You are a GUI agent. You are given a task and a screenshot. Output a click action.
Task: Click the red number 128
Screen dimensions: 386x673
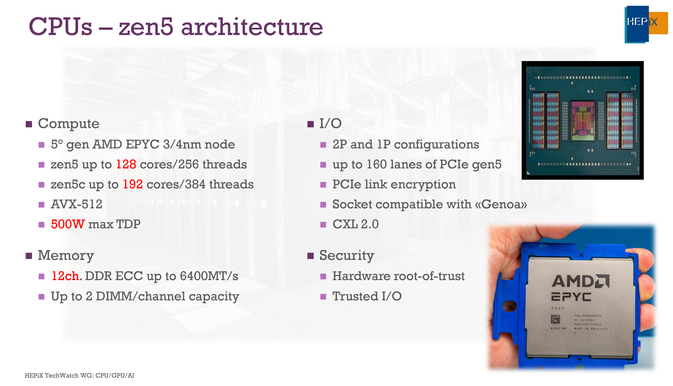[126, 164]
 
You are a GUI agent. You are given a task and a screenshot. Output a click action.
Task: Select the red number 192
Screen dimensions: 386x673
[133, 184]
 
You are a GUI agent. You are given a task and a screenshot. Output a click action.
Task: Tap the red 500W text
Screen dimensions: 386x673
[68, 224]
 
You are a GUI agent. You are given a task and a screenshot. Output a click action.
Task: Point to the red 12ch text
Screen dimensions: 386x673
[65, 276]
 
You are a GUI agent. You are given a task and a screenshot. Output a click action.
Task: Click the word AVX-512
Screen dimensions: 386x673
[77, 204]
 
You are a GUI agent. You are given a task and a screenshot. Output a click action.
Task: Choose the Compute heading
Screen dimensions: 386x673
[69, 124]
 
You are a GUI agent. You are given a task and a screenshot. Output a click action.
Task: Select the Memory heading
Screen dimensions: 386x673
[66, 255]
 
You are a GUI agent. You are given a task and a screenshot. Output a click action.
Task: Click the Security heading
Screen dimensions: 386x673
[347, 255]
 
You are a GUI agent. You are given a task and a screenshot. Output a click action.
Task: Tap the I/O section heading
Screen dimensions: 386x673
[330, 124]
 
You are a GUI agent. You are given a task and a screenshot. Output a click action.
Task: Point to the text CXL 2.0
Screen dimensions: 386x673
[355, 224]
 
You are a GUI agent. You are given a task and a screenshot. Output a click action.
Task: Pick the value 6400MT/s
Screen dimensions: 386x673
[209, 276]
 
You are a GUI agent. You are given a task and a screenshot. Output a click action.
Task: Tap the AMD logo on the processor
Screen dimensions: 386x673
[580, 281]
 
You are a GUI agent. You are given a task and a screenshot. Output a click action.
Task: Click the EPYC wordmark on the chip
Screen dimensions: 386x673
[571, 297]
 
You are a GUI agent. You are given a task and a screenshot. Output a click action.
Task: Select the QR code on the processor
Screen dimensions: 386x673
[555, 319]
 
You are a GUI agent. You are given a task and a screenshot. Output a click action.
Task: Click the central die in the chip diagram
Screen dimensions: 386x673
[583, 120]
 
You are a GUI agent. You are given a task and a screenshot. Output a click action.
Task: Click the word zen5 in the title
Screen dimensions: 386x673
[146, 27]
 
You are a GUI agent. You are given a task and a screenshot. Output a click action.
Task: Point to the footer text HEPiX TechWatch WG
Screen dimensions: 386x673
[59, 375]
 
